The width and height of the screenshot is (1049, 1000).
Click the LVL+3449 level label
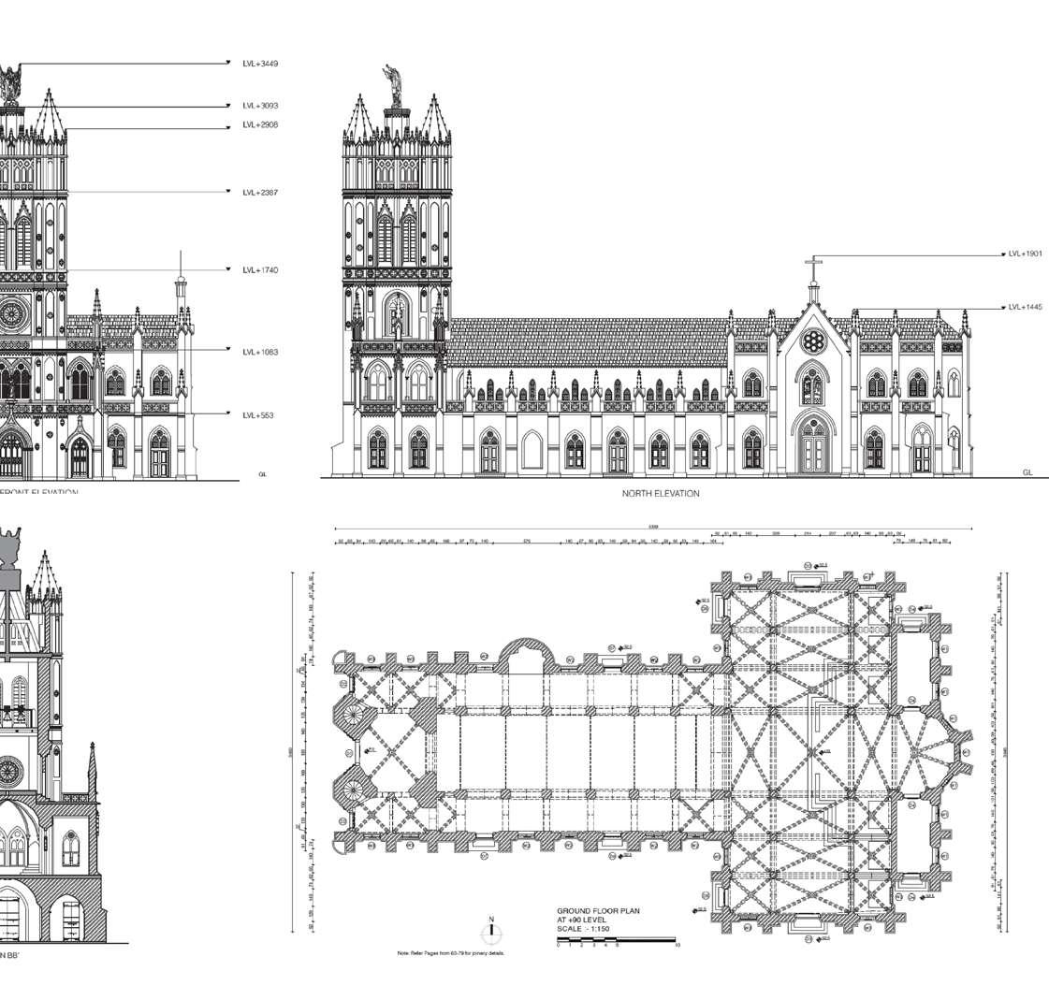pyautogui.click(x=259, y=64)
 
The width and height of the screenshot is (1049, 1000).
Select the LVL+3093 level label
pyautogui.click(x=259, y=106)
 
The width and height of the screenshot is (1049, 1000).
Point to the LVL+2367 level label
pyautogui.click(x=259, y=193)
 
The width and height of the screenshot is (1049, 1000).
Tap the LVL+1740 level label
pyautogui.click(x=259, y=270)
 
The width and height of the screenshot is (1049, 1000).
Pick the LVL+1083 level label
pyautogui.click(x=259, y=353)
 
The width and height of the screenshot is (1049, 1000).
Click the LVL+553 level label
pyautogui.click(x=257, y=415)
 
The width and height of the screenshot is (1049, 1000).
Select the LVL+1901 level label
pyautogui.click(x=1025, y=254)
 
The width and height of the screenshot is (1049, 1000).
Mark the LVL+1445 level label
pyautogui.click(x=1025, y=307)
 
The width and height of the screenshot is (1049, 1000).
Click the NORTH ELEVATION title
pyautogui.click(x=660, y=494)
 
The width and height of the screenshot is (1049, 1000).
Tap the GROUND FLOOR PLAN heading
pyautogui.click(x=598, y=911)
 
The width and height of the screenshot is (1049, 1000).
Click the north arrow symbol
pyautogui.click(x=491, y=932)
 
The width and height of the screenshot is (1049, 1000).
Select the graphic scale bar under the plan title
pyautogui.click(x=616, y=939)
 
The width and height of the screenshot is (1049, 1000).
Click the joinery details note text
pyautogui.click(x=450, y=953)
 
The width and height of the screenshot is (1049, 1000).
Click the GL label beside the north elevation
pyautogui.click(x=1027, y=473)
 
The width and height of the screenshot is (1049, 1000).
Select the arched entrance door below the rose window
pyautogui.click(x=813, y=446)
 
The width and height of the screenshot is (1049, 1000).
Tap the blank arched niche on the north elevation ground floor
pyautogui.click(x=532, y=450)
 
